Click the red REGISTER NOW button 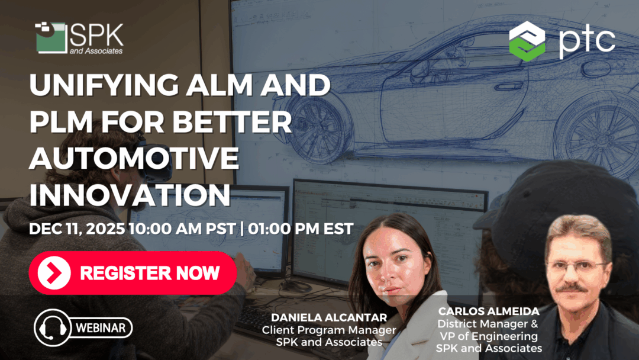(x=133, y=273)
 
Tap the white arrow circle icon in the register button (x=54, y=273)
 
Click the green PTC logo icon (x=527, y=40)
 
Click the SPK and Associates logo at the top (x=79, y=38)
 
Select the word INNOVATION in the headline (x=130, y=195)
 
